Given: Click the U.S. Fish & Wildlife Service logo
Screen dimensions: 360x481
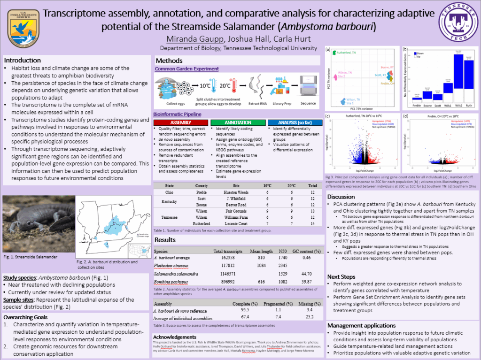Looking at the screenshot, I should click(x=23, y=25).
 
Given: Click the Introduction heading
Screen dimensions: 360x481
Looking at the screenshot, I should click(x=23, y=60).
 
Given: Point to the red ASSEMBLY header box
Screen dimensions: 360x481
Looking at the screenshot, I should click(x=180, y=123).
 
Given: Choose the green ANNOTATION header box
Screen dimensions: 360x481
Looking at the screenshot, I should click(x=238, y=123).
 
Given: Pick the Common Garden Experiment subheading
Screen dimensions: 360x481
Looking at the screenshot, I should click(x=186, y=69).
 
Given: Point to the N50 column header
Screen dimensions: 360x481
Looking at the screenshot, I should click(x=283, y=251).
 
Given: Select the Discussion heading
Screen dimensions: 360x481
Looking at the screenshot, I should click(x=341, y=197).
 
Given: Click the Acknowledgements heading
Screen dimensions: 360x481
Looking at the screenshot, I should click(x=175, y=337).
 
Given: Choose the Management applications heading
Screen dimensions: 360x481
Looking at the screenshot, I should click(x=361, y=325).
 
